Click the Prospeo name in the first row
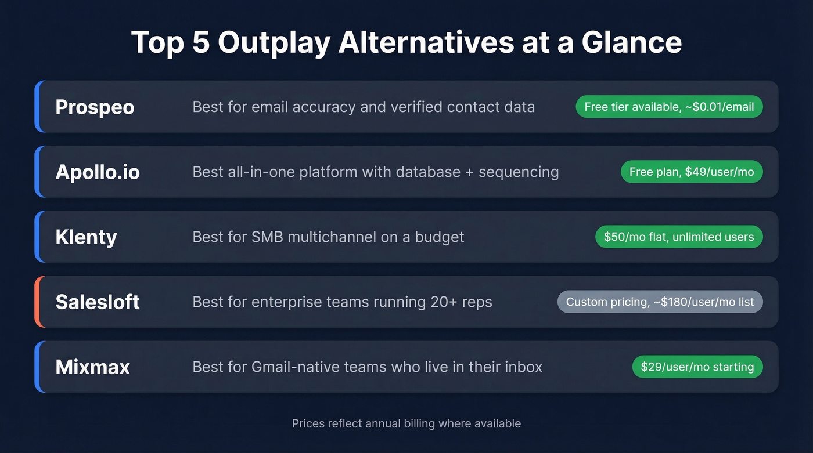pos(95,107)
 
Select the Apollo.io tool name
pos(98,172)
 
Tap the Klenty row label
pos(86,237)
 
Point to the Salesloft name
pos(98,302)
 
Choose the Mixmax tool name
pos(92,367)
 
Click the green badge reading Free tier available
pos(669,107)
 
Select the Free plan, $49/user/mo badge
pos(691,172)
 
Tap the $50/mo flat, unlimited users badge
pos(679,237)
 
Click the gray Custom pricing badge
pos(660,302)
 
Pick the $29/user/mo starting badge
pos(697,367)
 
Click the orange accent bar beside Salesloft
pos(37,302)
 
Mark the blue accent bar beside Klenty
pos(37,237)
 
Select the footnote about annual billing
pos(406,423)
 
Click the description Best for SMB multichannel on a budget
pos(328,237)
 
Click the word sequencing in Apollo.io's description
pos(519,172)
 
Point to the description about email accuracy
pos(364,107)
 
